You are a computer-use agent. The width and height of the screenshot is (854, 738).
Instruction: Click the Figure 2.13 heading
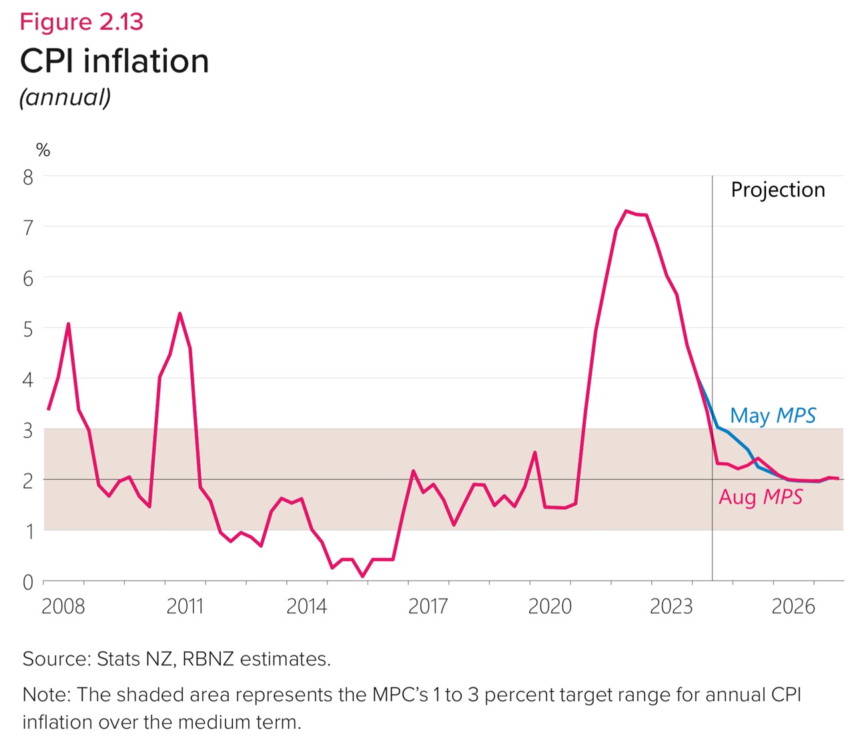point(81,22)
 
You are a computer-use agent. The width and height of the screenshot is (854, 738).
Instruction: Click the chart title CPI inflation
point(114,61)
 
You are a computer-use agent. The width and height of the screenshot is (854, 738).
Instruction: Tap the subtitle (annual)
point(65,97)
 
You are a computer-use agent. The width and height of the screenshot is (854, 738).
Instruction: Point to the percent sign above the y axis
point(43,151)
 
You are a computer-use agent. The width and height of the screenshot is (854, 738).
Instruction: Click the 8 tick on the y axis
point(28,177)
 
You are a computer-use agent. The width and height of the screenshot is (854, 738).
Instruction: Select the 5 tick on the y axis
point(28,329)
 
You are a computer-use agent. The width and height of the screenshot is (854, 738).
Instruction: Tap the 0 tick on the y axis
point(28,583)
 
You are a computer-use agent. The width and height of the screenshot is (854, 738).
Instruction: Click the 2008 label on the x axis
point(63,606)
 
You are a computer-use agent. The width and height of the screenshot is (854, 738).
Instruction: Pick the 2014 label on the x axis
point(306,606)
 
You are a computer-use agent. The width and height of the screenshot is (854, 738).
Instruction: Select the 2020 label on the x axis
point(550,606)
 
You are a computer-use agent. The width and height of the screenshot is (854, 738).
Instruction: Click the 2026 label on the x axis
point(793,606)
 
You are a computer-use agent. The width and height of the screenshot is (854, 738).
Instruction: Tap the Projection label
point(777,190)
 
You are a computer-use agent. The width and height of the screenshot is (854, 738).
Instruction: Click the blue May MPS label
point(773,416)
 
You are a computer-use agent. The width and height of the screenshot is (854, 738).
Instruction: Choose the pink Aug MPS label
point(761,497)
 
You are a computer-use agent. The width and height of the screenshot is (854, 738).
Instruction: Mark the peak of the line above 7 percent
point(626,211)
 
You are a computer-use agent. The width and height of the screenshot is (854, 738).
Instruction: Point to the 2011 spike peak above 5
point(180,313)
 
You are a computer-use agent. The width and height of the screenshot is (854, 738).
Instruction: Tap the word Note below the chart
point(45,695)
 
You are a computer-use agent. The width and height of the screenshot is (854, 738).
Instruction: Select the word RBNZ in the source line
point(207,659)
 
